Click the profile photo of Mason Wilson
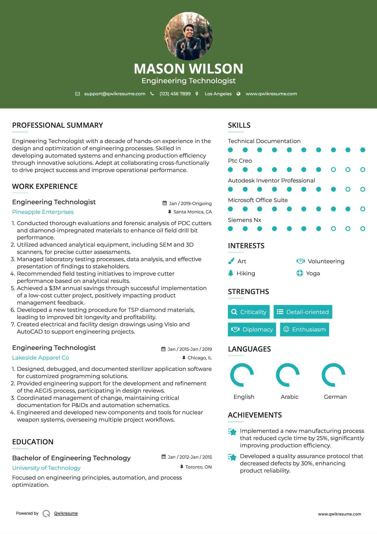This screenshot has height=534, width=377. pyautogui.click(x=188, y=36)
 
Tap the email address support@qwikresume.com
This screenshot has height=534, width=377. pyautogui.click(x=115, y=94)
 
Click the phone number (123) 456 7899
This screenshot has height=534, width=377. pyautogui.click(x=175, y=94)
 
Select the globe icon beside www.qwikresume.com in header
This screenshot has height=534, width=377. pyautogui.click(x=238, y=94)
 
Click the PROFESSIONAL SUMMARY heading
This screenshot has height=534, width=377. pyautogui.click(x=57, y=125)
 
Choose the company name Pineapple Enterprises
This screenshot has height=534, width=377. pyautogui.click(x=43, y=212)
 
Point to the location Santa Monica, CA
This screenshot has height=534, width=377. pyautogui.click(x=192, y=212)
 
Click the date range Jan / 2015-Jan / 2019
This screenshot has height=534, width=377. pyautogui.click(x=189, y=349)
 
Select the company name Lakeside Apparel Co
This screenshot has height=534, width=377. pyautogui.click(x=40, y=358)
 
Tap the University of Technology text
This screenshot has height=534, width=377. pyautogui.click(x=46, y=468)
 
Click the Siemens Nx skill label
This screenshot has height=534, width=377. pyautogui.click(x=244, y=220)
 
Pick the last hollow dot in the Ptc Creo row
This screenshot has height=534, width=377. pyautogui.click(x=363, y=170)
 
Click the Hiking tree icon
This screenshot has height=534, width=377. pyautogui.click(x=231, y=273)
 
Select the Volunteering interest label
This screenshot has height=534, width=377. pyautogui.click(x=326, y=261)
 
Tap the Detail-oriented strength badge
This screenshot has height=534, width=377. pyautogui.click(x=303, y=312)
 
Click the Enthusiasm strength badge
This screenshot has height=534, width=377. pyautogui.click(x=304, y=330)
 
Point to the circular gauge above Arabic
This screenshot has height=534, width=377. pyautogui.click(x=288, y=375)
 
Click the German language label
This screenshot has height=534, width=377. pyautogui.click(x=335, y=397)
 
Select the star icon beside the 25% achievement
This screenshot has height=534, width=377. pyautogui.click(x=232, y=432)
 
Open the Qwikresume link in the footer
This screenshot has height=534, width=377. pyautogui.click(x=66, y=513)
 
